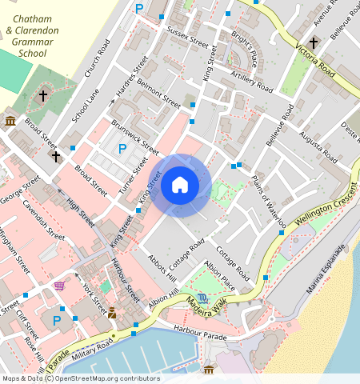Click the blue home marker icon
click(180, 186)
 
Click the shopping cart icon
click(59, 285)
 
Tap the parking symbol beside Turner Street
click(122, 148)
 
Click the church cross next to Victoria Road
click(314, 42)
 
